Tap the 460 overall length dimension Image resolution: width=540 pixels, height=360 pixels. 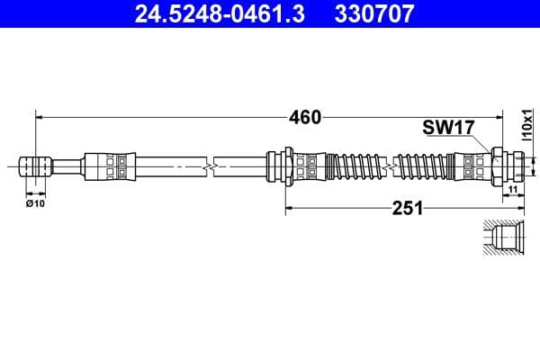(x=306, y=117)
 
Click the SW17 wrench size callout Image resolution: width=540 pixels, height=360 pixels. (x=447, y=129)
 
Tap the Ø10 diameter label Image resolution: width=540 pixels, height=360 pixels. (x=35, y=204)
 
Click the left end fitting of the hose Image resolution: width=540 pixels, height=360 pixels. (x=35, y=166)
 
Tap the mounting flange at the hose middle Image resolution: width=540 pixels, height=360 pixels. (x=285, y=166)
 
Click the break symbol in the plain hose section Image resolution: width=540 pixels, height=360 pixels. (x=210, y=166)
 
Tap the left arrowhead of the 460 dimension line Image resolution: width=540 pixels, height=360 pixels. (x=39, y=117)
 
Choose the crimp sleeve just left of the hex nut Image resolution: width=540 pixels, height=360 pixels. (x=472, y=166)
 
